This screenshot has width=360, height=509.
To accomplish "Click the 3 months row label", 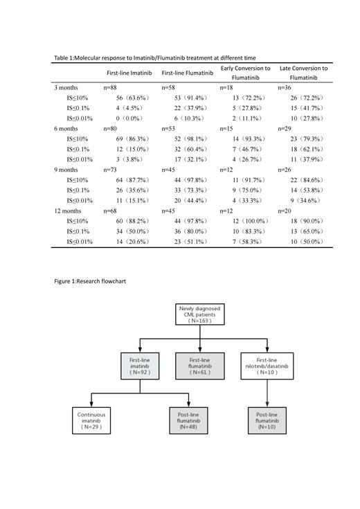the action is (66, 88).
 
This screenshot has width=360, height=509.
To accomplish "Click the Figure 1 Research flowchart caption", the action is (90, 282).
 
